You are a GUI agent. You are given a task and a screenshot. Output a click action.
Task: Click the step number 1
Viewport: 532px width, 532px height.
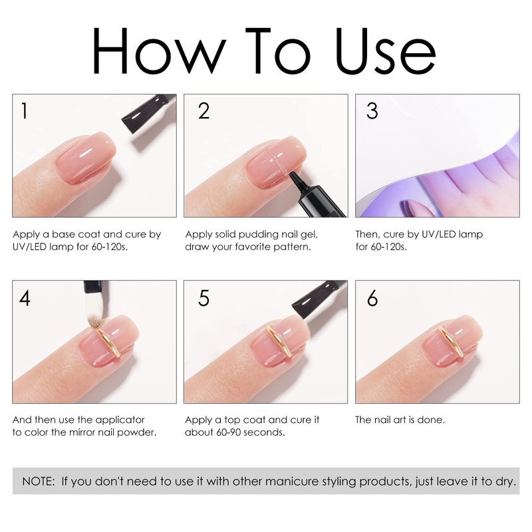coord(24,110)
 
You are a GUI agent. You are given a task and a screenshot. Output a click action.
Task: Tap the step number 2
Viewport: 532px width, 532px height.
coord(204,110)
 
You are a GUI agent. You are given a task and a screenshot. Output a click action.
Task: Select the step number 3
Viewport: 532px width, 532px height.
coord(372,110)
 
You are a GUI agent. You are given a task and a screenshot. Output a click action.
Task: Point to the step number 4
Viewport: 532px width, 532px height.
coord(25,298)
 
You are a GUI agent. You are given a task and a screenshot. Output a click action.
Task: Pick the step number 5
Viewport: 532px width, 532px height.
coord(204,298)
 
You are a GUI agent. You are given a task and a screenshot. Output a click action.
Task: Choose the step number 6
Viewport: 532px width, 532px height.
coord(372,298)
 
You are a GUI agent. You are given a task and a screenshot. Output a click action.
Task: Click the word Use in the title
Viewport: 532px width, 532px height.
coord(386,51)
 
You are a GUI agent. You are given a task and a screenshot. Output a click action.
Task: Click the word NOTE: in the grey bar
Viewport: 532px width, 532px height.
coord(39,481)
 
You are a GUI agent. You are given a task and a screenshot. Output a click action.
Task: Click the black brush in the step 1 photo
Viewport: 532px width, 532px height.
coord(148,113)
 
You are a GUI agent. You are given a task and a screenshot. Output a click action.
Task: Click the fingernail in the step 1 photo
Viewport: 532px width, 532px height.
coord(86,158)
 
